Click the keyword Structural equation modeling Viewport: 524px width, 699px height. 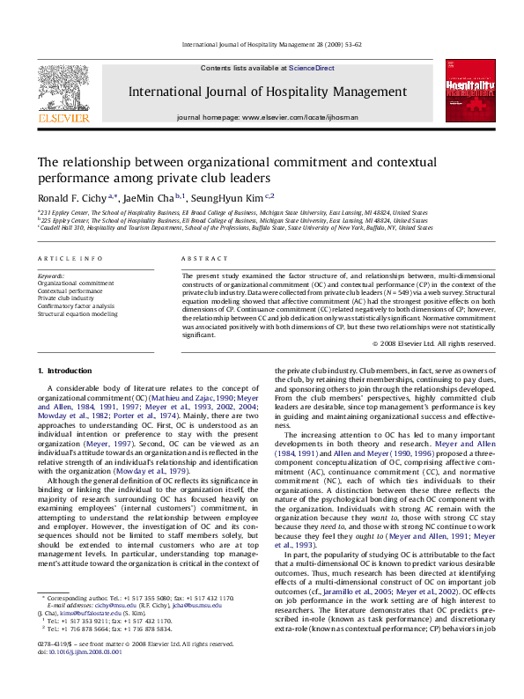pos(77,313)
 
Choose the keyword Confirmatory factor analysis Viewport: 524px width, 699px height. pos(76,305)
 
